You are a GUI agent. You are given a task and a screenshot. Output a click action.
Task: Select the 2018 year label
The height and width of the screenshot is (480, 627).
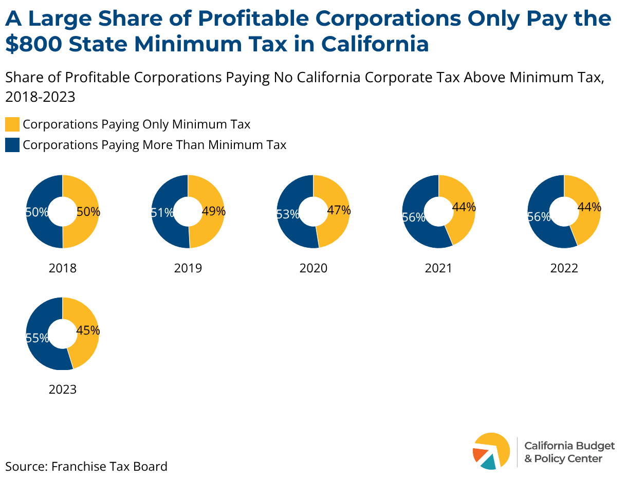point(63,268)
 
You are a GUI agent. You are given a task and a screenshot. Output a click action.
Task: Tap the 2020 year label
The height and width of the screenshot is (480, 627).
point(313,268)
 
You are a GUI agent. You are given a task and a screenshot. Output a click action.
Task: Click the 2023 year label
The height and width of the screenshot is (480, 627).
point(63,390)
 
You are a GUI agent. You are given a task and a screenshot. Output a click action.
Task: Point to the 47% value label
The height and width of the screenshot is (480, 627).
point(339,210)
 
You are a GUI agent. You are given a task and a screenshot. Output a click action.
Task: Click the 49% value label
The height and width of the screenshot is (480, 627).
point(214,211)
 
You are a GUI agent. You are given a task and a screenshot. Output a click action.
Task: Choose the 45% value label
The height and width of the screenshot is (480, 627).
point(88,331)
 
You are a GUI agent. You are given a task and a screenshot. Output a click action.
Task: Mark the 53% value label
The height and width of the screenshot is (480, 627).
point(287,214)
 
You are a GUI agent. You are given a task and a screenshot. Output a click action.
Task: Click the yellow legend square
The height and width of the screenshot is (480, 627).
point(12,124)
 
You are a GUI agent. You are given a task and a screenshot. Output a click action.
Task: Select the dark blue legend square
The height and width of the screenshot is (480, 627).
point(12,145)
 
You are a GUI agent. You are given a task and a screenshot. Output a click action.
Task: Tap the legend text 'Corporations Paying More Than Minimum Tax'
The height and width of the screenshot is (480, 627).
point(155,145)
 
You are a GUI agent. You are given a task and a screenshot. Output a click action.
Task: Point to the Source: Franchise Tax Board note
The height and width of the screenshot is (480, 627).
point(86,467)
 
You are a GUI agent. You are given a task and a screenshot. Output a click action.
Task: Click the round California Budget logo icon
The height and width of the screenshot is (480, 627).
point(491,451)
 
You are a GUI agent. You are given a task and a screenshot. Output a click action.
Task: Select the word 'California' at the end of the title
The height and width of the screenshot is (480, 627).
point(375,44)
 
